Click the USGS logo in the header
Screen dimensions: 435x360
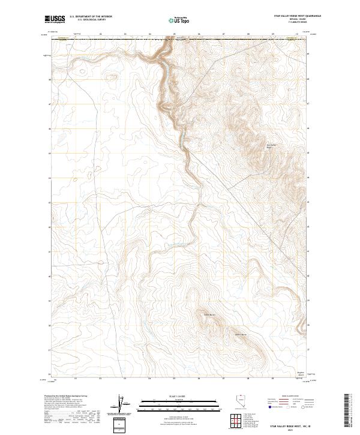55,19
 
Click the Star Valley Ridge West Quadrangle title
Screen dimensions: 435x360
296,16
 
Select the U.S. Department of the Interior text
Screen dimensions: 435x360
91,16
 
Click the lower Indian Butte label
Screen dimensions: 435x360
241,334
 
